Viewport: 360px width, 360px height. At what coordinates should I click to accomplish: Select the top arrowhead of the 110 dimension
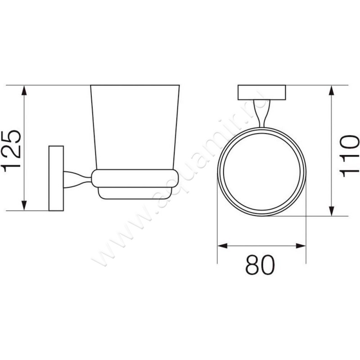coord(332,90)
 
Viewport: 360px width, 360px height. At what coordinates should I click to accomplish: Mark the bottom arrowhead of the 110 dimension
coord(332,211)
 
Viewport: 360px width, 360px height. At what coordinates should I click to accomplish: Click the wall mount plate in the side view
coord(57,178)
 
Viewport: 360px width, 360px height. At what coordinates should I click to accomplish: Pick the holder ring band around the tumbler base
coord(135,178)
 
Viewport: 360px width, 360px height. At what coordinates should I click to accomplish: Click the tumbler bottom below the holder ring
coord(135,193)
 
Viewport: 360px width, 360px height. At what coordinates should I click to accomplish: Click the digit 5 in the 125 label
coord(10,137)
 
